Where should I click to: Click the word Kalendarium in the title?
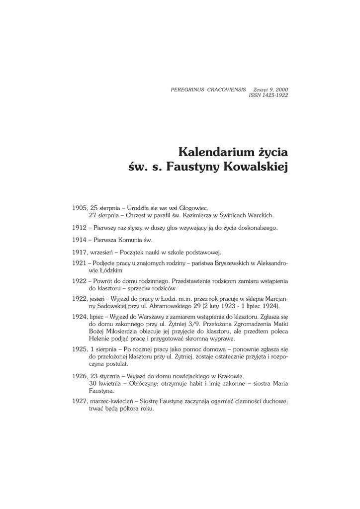pos(210,151)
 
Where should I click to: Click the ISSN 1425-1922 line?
pos(268,95)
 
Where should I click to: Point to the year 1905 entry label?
pos(80,207)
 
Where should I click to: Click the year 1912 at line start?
pos(80,228)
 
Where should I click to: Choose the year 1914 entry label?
pos(80,240)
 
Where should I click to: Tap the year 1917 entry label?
pos(80,252)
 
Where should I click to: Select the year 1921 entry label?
pos(80,263)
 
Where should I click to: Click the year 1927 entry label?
pos(80,401)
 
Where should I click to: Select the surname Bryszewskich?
pos(226,263)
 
